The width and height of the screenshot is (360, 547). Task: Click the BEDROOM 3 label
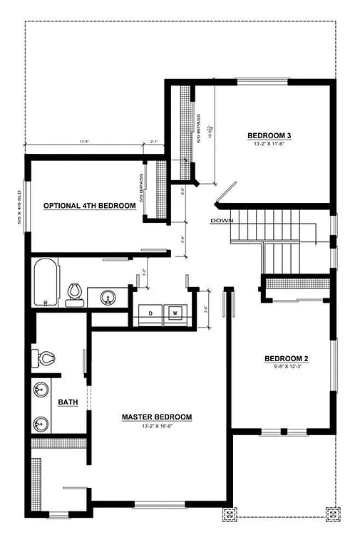click(270, 135)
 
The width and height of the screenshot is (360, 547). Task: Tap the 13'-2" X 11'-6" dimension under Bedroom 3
click(270, 145)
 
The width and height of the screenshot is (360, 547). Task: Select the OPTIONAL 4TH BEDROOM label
click(90, 206)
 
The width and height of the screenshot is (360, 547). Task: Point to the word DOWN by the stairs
click(222, 221)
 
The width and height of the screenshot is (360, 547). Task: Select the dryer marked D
click(150, 313)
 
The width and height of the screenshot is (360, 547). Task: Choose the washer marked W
click(175, 313)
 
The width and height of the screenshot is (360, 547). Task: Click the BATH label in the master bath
click(68, 402)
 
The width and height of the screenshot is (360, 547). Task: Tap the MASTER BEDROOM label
click(156, 417)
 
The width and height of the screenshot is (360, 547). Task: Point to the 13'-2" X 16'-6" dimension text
click(156, 427)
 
